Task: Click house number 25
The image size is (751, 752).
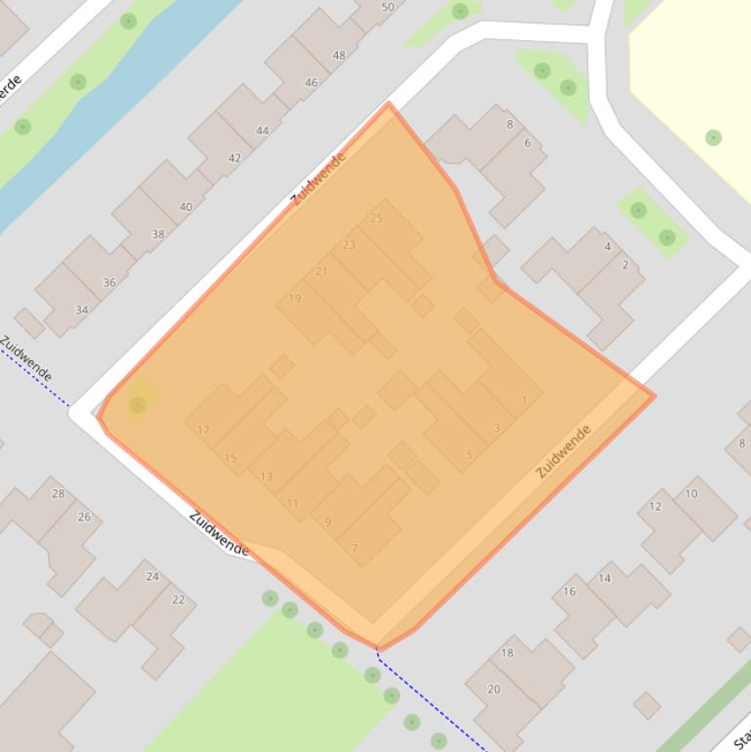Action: point(377,218)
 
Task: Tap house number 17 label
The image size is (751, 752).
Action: point(203,430)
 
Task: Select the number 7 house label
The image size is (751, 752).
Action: point(355,549)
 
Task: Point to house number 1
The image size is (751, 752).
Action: point(524,400)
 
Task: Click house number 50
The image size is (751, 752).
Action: point(388,8)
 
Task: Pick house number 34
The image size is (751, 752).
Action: point(81,311)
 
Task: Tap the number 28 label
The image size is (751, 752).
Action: point(58,494)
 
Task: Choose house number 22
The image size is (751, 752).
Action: point(178,600)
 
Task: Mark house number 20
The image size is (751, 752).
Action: point(493,689)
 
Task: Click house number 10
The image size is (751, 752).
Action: point(691,494)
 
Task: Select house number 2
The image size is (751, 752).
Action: point(625,265)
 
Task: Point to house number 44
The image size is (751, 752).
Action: point(262,131)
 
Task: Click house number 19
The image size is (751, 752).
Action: point(295,299)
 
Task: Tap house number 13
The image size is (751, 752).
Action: point(266,477)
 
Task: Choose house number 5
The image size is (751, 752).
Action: point(469,455)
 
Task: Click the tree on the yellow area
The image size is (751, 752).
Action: point(714,138)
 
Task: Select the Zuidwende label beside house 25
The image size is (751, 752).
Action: point(319,179)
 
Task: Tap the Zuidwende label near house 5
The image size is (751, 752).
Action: point(564,451)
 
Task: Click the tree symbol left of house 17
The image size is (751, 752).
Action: point(138,404)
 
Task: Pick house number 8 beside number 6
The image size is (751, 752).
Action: point(510,125)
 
